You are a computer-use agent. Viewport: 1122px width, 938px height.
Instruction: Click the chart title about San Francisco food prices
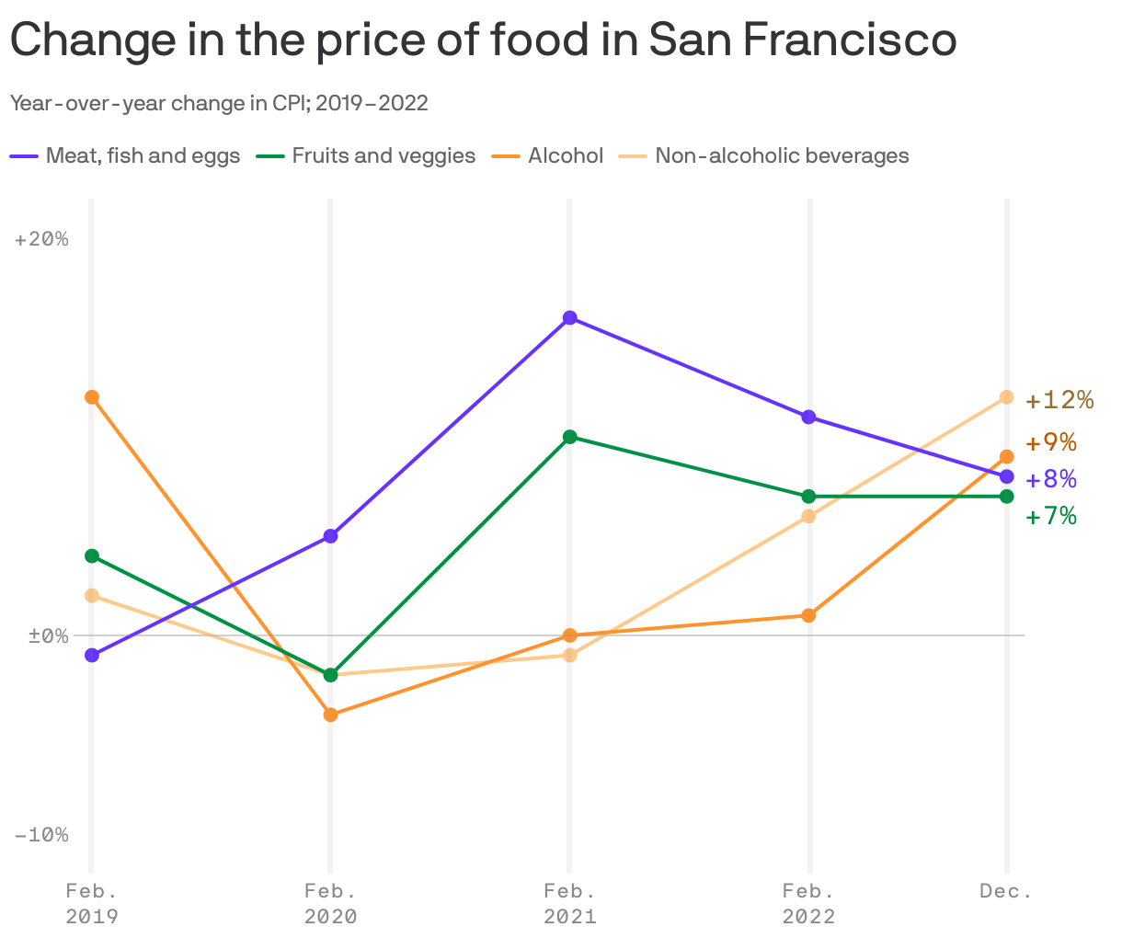click(x=482, y=40)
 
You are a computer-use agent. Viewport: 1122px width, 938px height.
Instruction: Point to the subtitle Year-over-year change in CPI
click(x=219, y=103)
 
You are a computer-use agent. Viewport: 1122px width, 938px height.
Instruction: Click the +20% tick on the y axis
click(x=42, y=239)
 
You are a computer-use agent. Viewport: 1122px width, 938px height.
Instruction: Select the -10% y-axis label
click(x=42, y=835)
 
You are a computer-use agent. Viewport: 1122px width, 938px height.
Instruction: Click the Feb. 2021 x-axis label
click(x=569, y=904)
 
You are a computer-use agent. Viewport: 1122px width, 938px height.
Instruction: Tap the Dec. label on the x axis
click(x=1006, y=891)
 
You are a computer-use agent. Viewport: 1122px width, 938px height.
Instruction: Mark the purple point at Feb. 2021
click(x=570, y=318)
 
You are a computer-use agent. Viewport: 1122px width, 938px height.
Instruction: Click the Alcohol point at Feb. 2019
click(x=91, y=397)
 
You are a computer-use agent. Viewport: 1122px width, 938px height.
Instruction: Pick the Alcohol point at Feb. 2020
click(x=331, y=715)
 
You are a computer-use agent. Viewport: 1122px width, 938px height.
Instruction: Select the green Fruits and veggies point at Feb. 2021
click(x=570, y=437)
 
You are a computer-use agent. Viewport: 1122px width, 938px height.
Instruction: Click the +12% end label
click(x=1059, y=400)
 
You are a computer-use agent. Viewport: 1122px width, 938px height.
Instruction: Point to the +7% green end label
click(x=1051, y=516)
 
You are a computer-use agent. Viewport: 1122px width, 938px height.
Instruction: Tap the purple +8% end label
click(x=1051, y=479)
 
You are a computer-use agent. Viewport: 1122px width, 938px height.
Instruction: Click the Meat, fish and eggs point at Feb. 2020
click(x=331, y=536)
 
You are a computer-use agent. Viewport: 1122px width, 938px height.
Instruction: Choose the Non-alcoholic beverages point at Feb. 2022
click(x=808, y=516)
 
